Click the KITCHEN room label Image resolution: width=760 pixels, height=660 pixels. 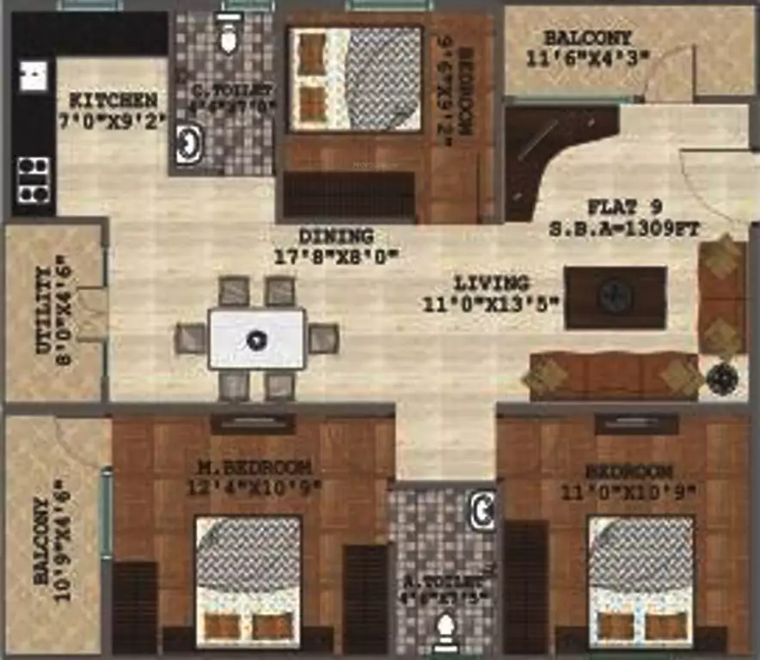click(113, 99)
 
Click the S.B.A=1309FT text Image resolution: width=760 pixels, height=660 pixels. click(623, 229)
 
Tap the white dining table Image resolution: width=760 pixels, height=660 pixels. click(257, 339)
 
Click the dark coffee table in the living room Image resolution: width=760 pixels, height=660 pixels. click(615, 297)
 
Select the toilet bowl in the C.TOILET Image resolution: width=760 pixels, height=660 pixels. click(228, 34)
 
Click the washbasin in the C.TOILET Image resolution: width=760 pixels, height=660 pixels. click(188, 144)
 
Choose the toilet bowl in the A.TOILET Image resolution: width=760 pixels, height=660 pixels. click(444, 634)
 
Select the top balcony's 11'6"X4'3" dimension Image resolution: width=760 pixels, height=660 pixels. click(587, 58)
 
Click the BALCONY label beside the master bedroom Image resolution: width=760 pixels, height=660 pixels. click(41, 541)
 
